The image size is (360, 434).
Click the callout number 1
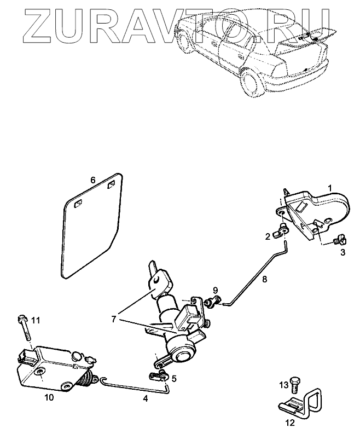(330, 188)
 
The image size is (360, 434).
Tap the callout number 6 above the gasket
(93, 180)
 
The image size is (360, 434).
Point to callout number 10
(49, 398)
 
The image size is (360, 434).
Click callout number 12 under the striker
(290, 423)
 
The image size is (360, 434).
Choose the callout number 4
(145, 398)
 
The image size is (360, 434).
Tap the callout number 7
(113, 319)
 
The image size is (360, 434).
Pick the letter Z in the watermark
(26, 25)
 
